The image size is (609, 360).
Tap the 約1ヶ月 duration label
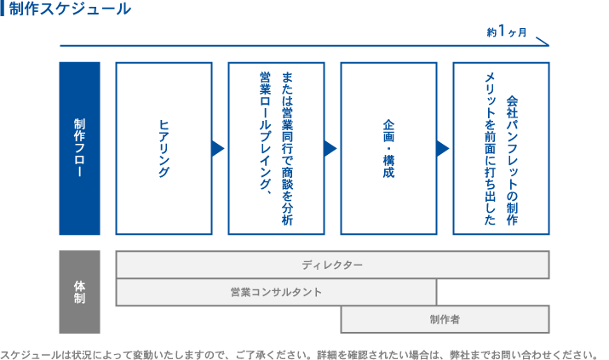(x=507, y=32)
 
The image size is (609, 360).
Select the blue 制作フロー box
(x=79, y=148)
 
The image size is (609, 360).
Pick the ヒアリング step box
(x=164, y=148)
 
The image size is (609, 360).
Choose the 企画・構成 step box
(x=388, y=148)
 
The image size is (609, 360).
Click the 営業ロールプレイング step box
(x=276, y=148)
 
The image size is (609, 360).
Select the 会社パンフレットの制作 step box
(x=501, y=148)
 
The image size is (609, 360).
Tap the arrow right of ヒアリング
(x=218, y=148)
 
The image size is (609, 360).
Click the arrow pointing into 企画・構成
(x=330, y=148)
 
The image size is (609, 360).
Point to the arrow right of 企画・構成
(x=443, y=148)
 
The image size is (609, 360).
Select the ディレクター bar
(x=332, y=265)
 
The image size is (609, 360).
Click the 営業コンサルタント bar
(x=276, y=292)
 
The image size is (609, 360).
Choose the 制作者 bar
(x=445, y=319)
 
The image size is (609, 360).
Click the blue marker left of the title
(x=3, y=10)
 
